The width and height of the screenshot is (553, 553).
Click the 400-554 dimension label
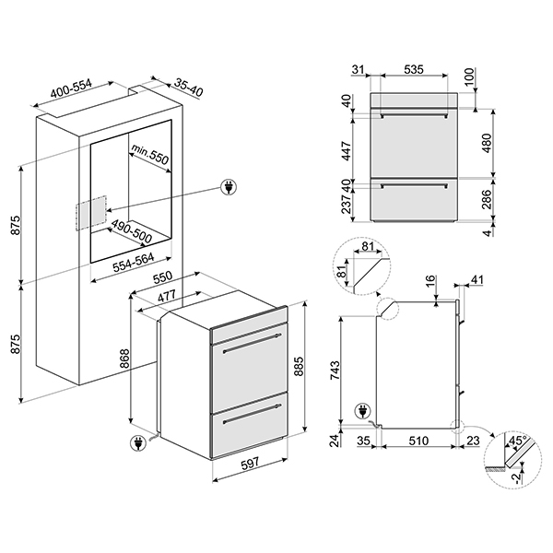click(71, 88)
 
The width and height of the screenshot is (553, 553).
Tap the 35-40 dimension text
click(189, 88)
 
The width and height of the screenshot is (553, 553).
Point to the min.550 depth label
click(149, 155)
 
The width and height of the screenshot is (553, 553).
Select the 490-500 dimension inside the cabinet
click(132, 231)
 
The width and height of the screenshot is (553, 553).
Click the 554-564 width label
click(134, 263)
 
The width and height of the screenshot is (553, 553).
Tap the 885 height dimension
click(299, 367)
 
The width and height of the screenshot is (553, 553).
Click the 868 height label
click(124, 359)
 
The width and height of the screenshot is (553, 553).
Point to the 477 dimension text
click(166, 296)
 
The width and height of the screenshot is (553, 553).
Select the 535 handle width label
click(413, 69)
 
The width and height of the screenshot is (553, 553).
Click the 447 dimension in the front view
click(347, 151)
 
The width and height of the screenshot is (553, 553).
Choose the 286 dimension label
click(487, 199)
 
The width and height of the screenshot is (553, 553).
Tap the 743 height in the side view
click(335, 371)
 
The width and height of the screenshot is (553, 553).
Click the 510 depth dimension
click(418, 441)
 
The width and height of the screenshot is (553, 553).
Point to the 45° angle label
click(517, 441)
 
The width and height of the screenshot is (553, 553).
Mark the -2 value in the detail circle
click(517, 478)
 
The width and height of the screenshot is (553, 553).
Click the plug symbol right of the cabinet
click(229, 187)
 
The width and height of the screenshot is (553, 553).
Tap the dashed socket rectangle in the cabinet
click(90, 213)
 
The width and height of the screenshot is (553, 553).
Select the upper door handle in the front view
click(414, 115)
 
